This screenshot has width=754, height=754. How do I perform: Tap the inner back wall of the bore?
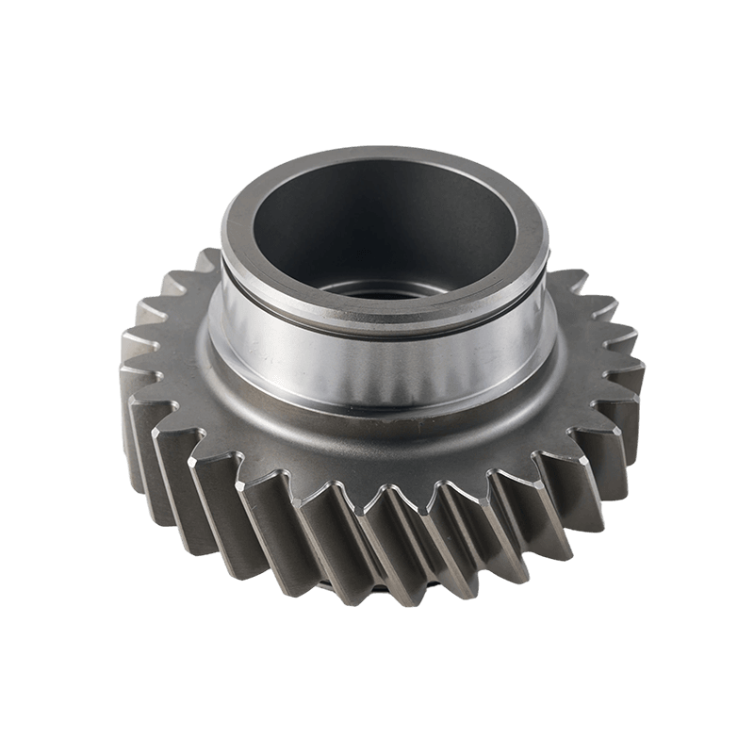[377, 198]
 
